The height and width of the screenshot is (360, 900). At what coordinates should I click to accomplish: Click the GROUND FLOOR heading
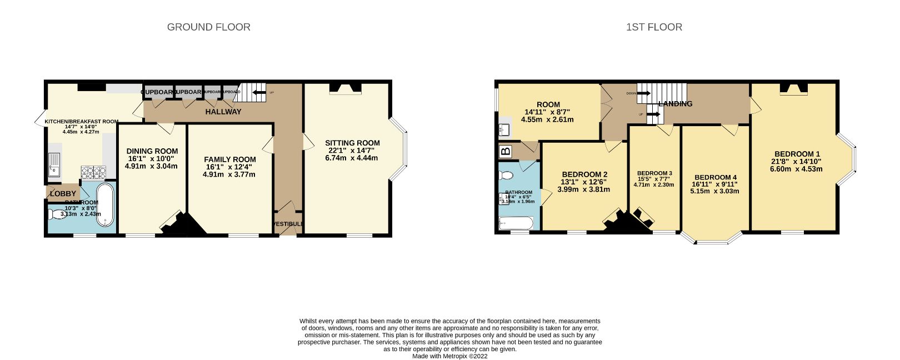click(x=208, y=27)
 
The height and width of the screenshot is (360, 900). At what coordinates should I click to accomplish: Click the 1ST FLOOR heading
click(x=654, y=27)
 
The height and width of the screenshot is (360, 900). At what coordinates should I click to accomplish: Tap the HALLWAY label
click(x=223, y=112)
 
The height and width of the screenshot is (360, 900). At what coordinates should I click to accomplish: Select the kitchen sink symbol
click(x=54, y=164)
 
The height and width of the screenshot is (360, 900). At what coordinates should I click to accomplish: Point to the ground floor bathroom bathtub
click(x=104, y=205)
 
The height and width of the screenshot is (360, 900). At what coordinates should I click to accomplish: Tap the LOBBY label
click(x=63, y=193)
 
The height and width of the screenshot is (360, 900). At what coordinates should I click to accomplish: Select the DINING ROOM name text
click(x=152, y=151)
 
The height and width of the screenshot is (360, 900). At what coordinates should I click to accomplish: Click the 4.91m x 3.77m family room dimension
click(x=229, y=174)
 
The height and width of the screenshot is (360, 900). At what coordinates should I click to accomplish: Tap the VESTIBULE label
click(x=288, y=224)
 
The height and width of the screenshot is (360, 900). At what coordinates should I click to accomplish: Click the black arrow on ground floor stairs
click(x=259, y=93)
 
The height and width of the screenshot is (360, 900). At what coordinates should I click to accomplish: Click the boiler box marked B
click(x=506, y=151)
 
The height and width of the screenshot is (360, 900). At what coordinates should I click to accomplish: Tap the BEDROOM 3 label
click(x=654, y=173)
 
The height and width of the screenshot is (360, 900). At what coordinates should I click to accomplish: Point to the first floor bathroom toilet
click(x=506, y=176)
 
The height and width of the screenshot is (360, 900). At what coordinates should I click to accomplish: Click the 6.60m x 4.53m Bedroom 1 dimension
click(x=796, y=169)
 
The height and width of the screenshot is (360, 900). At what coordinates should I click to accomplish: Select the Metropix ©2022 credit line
click(x=449, y=356)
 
